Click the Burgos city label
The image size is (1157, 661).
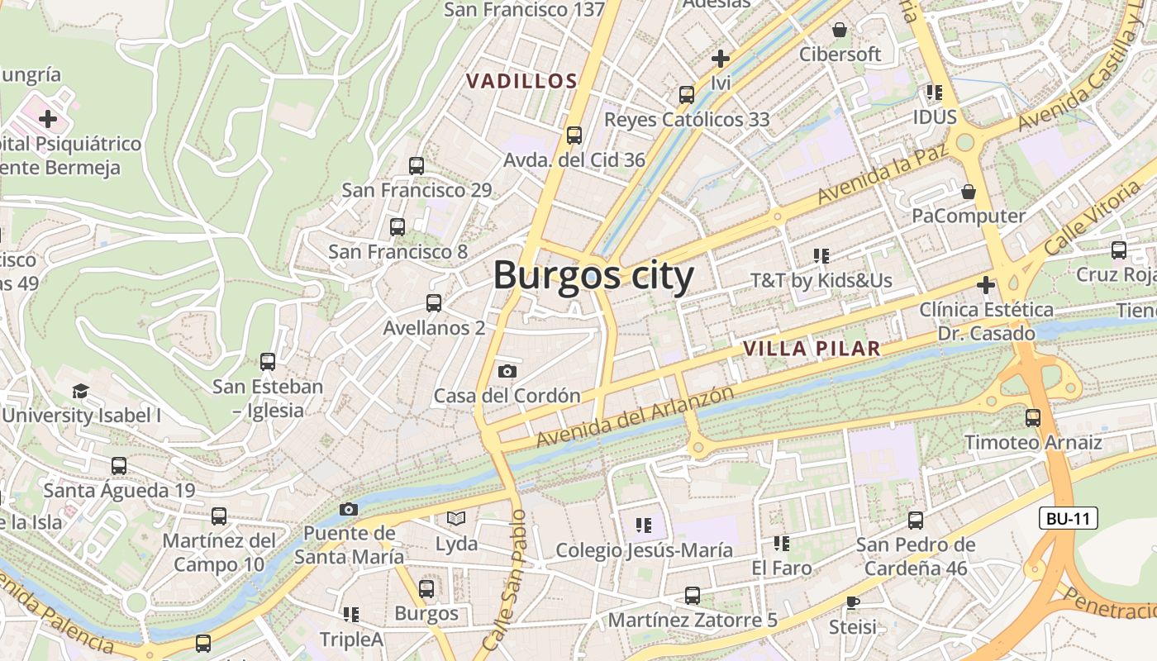click(593, 275)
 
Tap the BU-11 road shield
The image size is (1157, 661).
click(1069, 519)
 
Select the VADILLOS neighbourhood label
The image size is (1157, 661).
click(521, 81)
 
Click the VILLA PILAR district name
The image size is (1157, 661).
click(812, 349)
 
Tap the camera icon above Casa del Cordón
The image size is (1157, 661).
click(507, 372)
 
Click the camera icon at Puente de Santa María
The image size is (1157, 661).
click(349, 509)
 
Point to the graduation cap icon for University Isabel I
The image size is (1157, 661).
click(80, 391)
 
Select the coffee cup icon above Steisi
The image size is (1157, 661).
click(852, 602)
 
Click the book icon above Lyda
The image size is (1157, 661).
click(456, 519)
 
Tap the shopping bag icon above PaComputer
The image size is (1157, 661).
click(969, 192)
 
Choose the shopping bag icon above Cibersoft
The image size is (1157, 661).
click(840, 30)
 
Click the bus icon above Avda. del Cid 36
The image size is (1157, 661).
click(574, 135)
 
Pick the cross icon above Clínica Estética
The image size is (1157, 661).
click(985, 285)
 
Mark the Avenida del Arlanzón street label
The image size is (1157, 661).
click(635, 417)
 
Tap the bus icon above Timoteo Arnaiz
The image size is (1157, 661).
click(1032, 418)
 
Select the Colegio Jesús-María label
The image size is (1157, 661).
click(644, 550)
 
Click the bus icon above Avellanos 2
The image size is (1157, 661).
click(433, 303)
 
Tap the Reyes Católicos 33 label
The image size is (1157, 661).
click(687, 119)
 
